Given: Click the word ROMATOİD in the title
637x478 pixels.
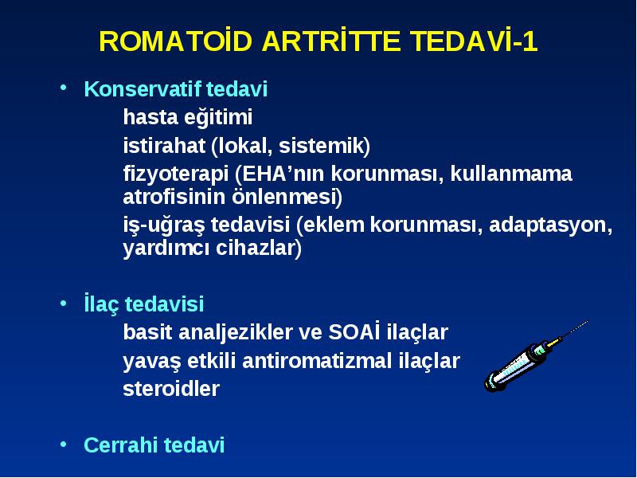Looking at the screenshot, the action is click(x=175, y=41).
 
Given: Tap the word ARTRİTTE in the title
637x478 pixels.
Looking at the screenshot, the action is click(x=331, y=41).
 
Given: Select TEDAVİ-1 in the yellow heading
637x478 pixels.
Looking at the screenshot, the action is click(x=474, y=41).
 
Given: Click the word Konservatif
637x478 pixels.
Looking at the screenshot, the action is click(x=143, y=89).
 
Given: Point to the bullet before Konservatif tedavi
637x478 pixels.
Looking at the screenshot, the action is click(x=63, y=87).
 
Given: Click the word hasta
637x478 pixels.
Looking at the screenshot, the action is click(x=150, y=117).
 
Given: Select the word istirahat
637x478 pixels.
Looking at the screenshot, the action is click(x=164, y=146).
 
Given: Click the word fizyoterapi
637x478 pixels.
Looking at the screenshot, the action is click(x=175, y=174).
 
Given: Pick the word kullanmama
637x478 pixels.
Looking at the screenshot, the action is click(x=511, y=174).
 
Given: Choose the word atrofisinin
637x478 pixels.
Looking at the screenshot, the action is click(x=174, y=197).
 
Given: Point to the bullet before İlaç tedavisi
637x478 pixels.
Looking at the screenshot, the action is click(x=63, y=303).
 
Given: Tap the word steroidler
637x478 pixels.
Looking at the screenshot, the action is click(x=171, y=388).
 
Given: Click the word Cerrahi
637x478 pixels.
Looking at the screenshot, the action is click(x=121, y=445).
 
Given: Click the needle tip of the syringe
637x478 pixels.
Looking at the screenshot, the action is click(x=588, y=321).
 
